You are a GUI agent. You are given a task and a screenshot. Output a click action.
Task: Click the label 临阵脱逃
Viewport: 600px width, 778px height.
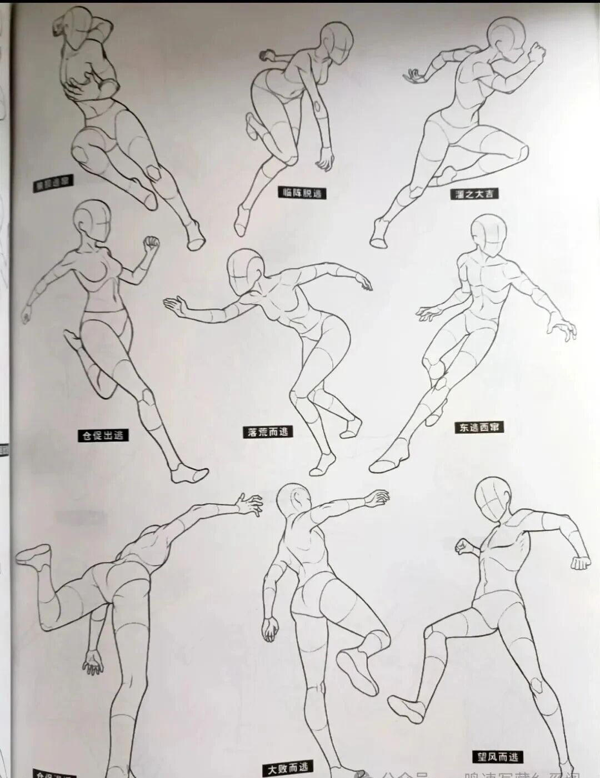pos(302,193)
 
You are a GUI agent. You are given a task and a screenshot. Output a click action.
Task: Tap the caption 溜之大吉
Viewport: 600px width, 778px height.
pos(473,194)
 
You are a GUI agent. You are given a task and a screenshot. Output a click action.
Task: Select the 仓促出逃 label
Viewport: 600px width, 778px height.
pos(103,435)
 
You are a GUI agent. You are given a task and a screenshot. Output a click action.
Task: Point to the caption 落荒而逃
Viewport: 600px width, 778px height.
pos(268,431)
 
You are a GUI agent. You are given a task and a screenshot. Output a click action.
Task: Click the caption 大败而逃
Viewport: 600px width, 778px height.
pos(287,769)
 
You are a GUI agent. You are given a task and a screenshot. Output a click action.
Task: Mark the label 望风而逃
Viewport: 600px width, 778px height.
pos(498,757)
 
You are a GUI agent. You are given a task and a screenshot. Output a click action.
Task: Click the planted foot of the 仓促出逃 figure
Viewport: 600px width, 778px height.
pos(189,474)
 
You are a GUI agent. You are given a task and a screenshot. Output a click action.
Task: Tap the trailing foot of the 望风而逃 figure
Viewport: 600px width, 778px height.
pos(407,706)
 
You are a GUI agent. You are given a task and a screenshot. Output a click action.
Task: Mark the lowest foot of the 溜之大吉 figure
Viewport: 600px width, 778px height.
pos(379,235)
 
